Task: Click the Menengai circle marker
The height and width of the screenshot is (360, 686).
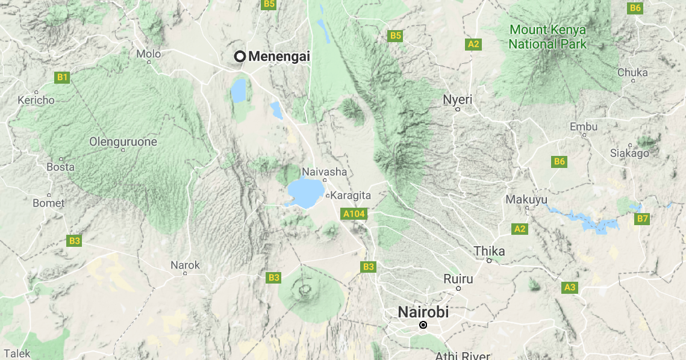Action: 240,56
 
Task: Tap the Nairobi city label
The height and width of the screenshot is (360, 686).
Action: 423,312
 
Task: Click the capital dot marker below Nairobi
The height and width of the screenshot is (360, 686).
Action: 423,325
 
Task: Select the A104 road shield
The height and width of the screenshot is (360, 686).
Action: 354,213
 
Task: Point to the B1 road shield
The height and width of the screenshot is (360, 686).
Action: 62,77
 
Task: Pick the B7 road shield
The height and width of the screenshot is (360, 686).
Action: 643,219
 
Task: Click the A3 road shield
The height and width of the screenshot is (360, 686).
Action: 570,287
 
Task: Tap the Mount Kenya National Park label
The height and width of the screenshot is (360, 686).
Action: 547,37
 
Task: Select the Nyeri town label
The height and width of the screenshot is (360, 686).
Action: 458,99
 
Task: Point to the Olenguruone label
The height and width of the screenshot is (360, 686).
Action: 123,142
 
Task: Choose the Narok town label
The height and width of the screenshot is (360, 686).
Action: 185,265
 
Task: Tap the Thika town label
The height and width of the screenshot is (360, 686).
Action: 489,251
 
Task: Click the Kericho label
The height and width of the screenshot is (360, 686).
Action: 36,100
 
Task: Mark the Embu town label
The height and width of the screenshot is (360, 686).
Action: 583,126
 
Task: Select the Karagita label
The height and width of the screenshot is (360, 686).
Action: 350,196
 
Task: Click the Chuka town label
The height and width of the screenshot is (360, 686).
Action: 632,72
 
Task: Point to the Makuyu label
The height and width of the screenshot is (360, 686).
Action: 526,199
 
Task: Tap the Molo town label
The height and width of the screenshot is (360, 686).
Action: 148,54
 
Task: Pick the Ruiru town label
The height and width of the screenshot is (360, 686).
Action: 458,279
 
